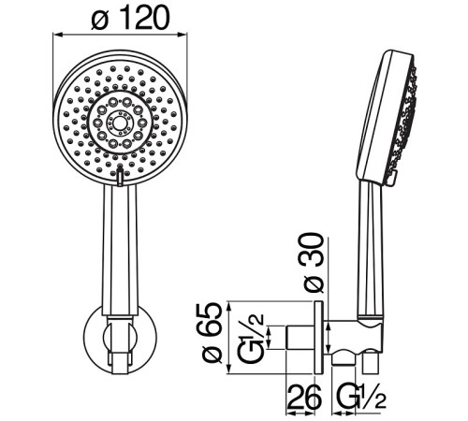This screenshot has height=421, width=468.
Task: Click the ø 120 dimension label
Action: (x=131, y=18)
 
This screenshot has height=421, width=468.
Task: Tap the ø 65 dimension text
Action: (x=213, y=333)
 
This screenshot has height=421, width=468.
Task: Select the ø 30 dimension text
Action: (x=313, y=263)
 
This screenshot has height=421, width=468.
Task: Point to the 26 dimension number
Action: (x=303, y=397)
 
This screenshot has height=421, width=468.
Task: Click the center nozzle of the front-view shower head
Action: (x=119, y=123)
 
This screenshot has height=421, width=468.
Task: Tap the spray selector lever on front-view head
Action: (x=120, y=177)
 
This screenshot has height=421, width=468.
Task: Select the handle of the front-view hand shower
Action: (x=120, y=251)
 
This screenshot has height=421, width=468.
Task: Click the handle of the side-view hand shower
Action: (x=371, y=251)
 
